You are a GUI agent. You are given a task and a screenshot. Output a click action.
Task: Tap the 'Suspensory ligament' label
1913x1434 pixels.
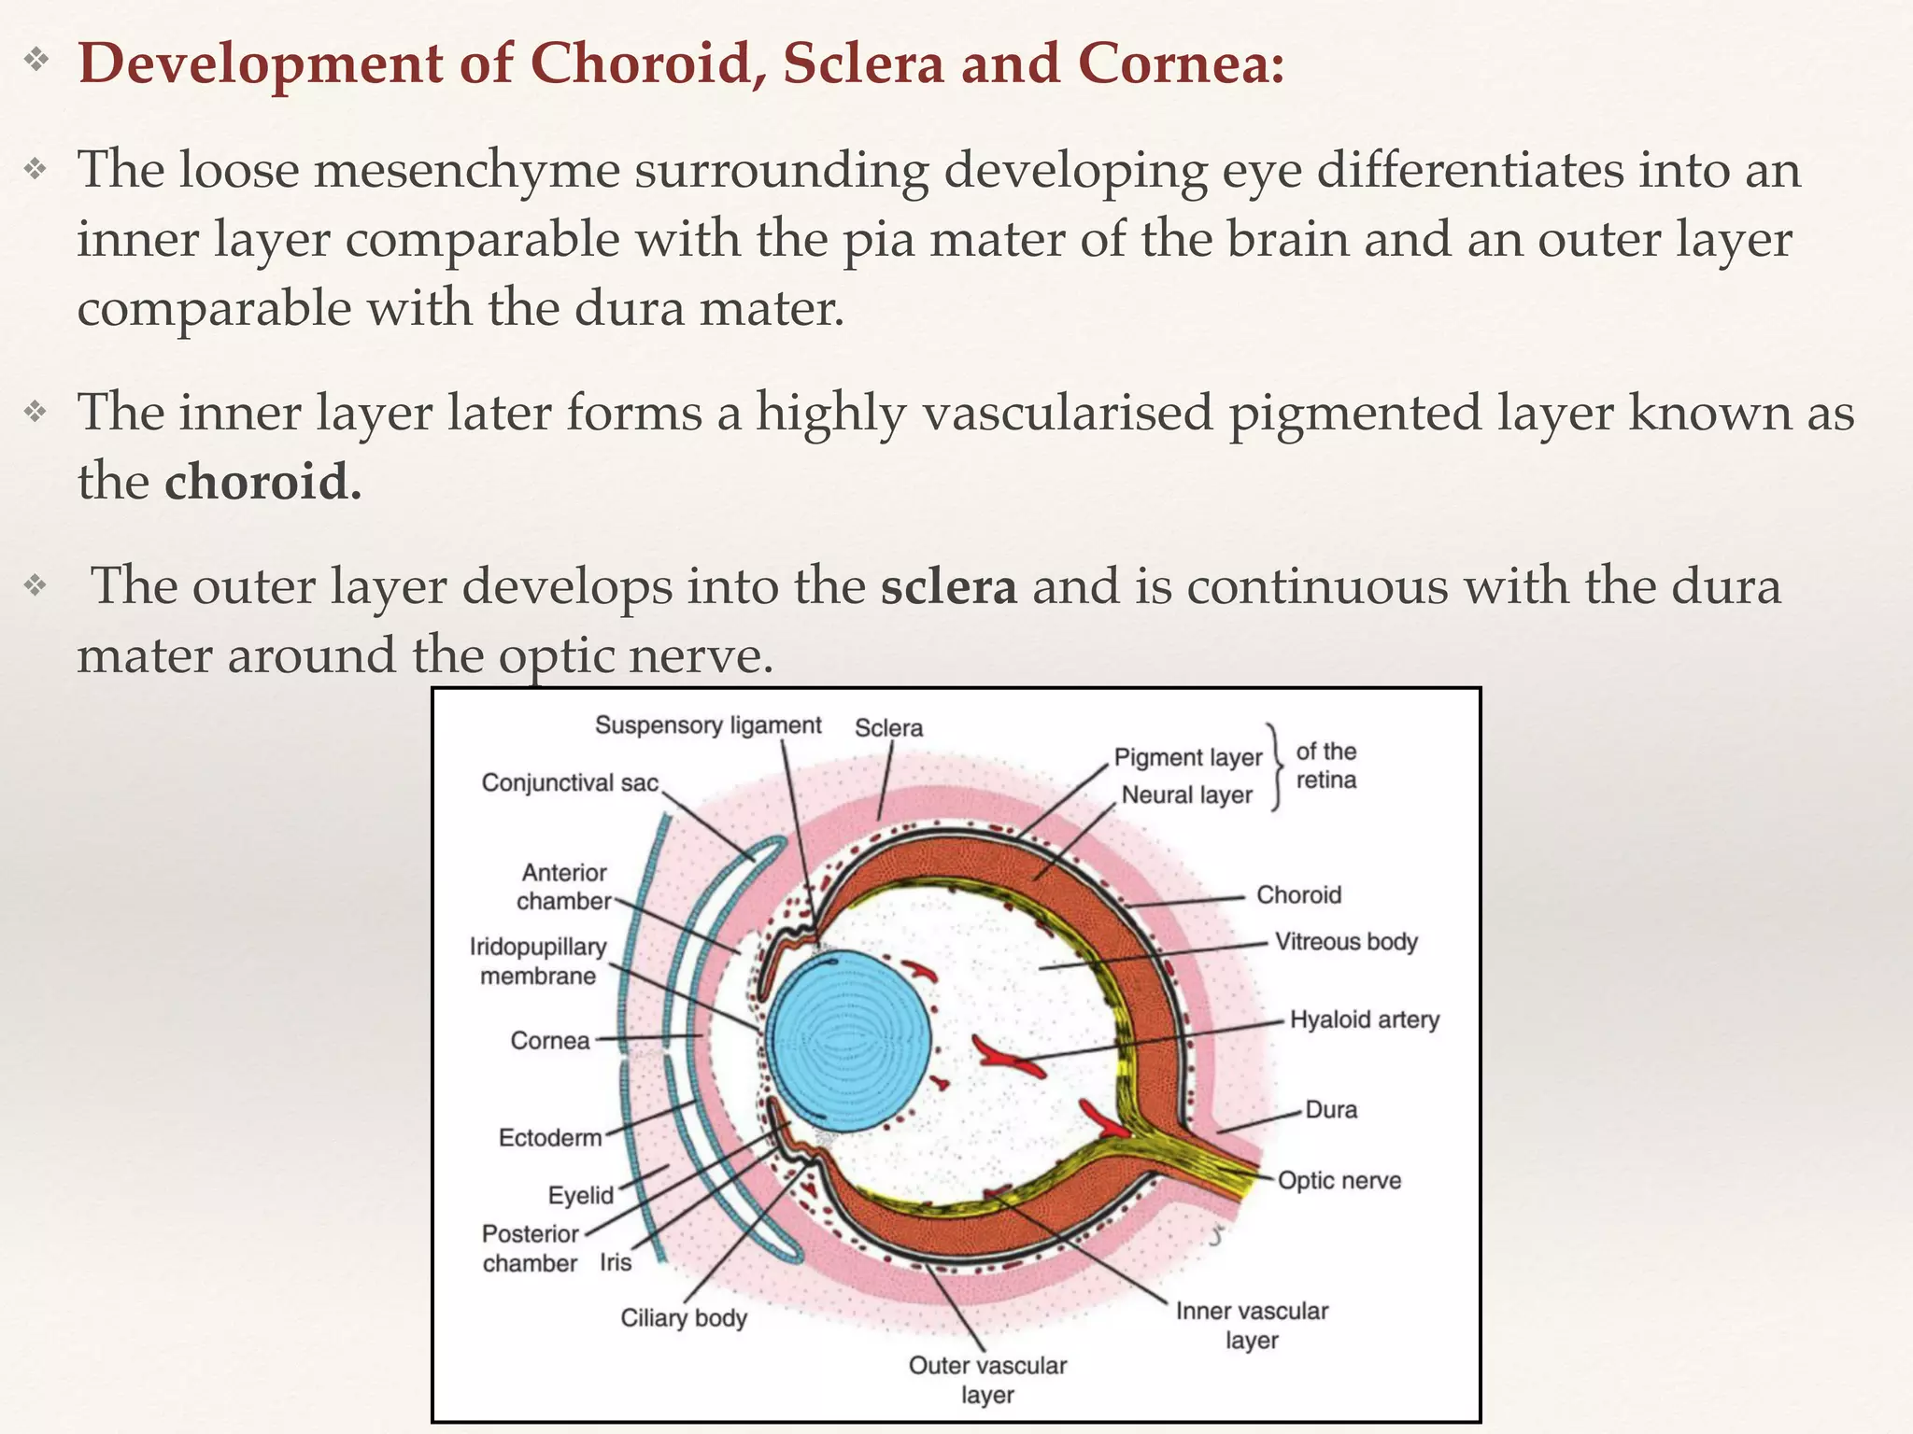tap(708, 725)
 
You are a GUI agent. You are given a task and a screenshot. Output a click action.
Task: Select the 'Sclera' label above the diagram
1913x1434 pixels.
tap(888, 728)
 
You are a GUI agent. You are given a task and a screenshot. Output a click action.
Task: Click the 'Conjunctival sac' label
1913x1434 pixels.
tap(570, 782)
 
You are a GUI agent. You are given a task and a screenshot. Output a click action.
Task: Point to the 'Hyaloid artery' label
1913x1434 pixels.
tap(1364, 1019)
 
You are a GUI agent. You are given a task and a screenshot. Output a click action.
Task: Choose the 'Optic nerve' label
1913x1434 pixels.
tap(1339, 1180)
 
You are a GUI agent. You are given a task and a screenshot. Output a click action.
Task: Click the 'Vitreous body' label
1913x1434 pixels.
tap(1346, 941)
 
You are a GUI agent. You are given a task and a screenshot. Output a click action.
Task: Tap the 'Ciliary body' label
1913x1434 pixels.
tap(684, 1317)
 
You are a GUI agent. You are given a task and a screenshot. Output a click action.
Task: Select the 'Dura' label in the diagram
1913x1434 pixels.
tap(1331, 1109)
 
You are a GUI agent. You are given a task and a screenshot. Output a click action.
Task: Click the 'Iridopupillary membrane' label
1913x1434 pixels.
tap(538, 961)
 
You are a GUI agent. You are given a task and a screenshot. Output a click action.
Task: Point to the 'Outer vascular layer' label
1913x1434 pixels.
tap(987, 1379)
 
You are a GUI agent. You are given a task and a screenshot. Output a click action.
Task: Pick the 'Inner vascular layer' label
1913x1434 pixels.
tap(1252, 1325)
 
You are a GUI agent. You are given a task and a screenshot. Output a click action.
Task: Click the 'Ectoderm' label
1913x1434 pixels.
tap(550, 1137)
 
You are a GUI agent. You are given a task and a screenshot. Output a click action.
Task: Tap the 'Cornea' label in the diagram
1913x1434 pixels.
tap(550, 1040)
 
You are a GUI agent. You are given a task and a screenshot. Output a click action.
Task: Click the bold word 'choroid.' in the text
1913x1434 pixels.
tap(262, 482)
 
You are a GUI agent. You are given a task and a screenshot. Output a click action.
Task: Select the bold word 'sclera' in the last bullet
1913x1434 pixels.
tap(948, 586)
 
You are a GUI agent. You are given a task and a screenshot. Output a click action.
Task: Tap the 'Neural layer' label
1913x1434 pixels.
tap(1186, 794)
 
